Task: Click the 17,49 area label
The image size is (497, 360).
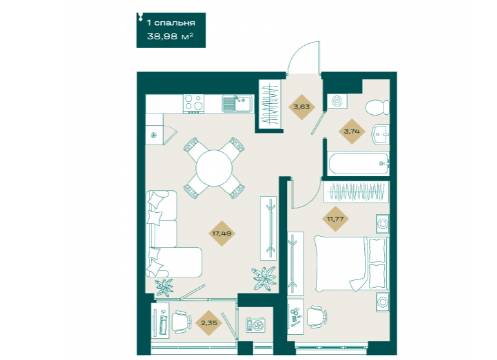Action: (222, 234)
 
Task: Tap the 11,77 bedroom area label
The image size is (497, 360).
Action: (335, 219)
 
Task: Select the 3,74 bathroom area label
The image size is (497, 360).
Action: (351, 132)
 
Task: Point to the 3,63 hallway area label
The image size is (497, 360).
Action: (302, 107)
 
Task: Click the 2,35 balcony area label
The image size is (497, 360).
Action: (209, 323)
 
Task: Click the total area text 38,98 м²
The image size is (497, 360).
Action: (170, 37)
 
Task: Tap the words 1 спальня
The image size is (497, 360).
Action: (171, 23)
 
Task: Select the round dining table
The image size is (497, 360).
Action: (214, 168)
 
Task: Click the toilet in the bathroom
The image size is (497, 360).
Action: (377, 107)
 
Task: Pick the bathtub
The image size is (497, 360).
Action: (358, 164)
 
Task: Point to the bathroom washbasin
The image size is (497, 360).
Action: (380, 134)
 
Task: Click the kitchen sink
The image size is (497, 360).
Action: (237, 104)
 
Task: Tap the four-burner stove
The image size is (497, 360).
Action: (193, 104)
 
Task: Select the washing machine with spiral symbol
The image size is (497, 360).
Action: (337, 101)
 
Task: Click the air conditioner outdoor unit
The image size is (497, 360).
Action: (255, 325)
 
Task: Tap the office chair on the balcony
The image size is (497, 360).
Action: (182, 322)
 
